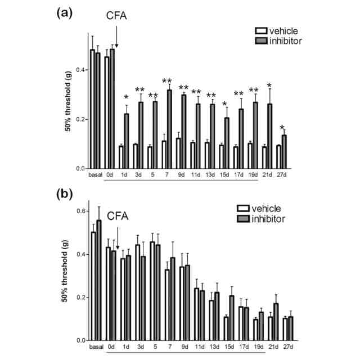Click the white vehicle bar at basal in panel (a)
[92, 109]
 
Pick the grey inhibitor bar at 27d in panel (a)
[284, 152]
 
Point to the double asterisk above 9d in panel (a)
[183, 88]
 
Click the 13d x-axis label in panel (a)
[211, 175]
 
